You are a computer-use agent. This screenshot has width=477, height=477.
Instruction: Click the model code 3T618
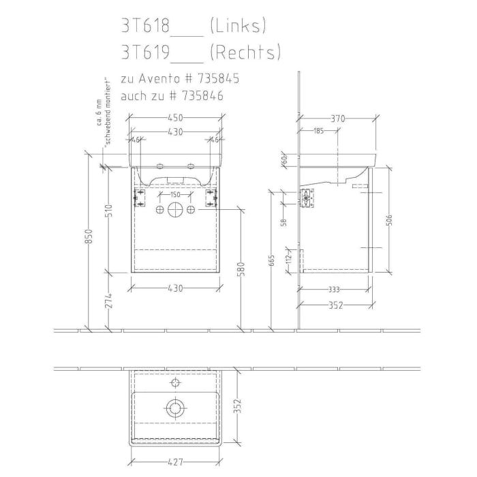click(143, 27)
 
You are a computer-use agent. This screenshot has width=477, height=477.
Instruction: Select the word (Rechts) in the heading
click(245, 52)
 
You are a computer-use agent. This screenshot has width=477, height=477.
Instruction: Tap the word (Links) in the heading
click(237, 27)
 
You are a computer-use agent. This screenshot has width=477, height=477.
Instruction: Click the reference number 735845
click(215, 79)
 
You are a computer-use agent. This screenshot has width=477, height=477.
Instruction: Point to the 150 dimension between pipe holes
click(175, 194)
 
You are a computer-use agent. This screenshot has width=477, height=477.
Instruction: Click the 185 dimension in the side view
click(318, 131)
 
